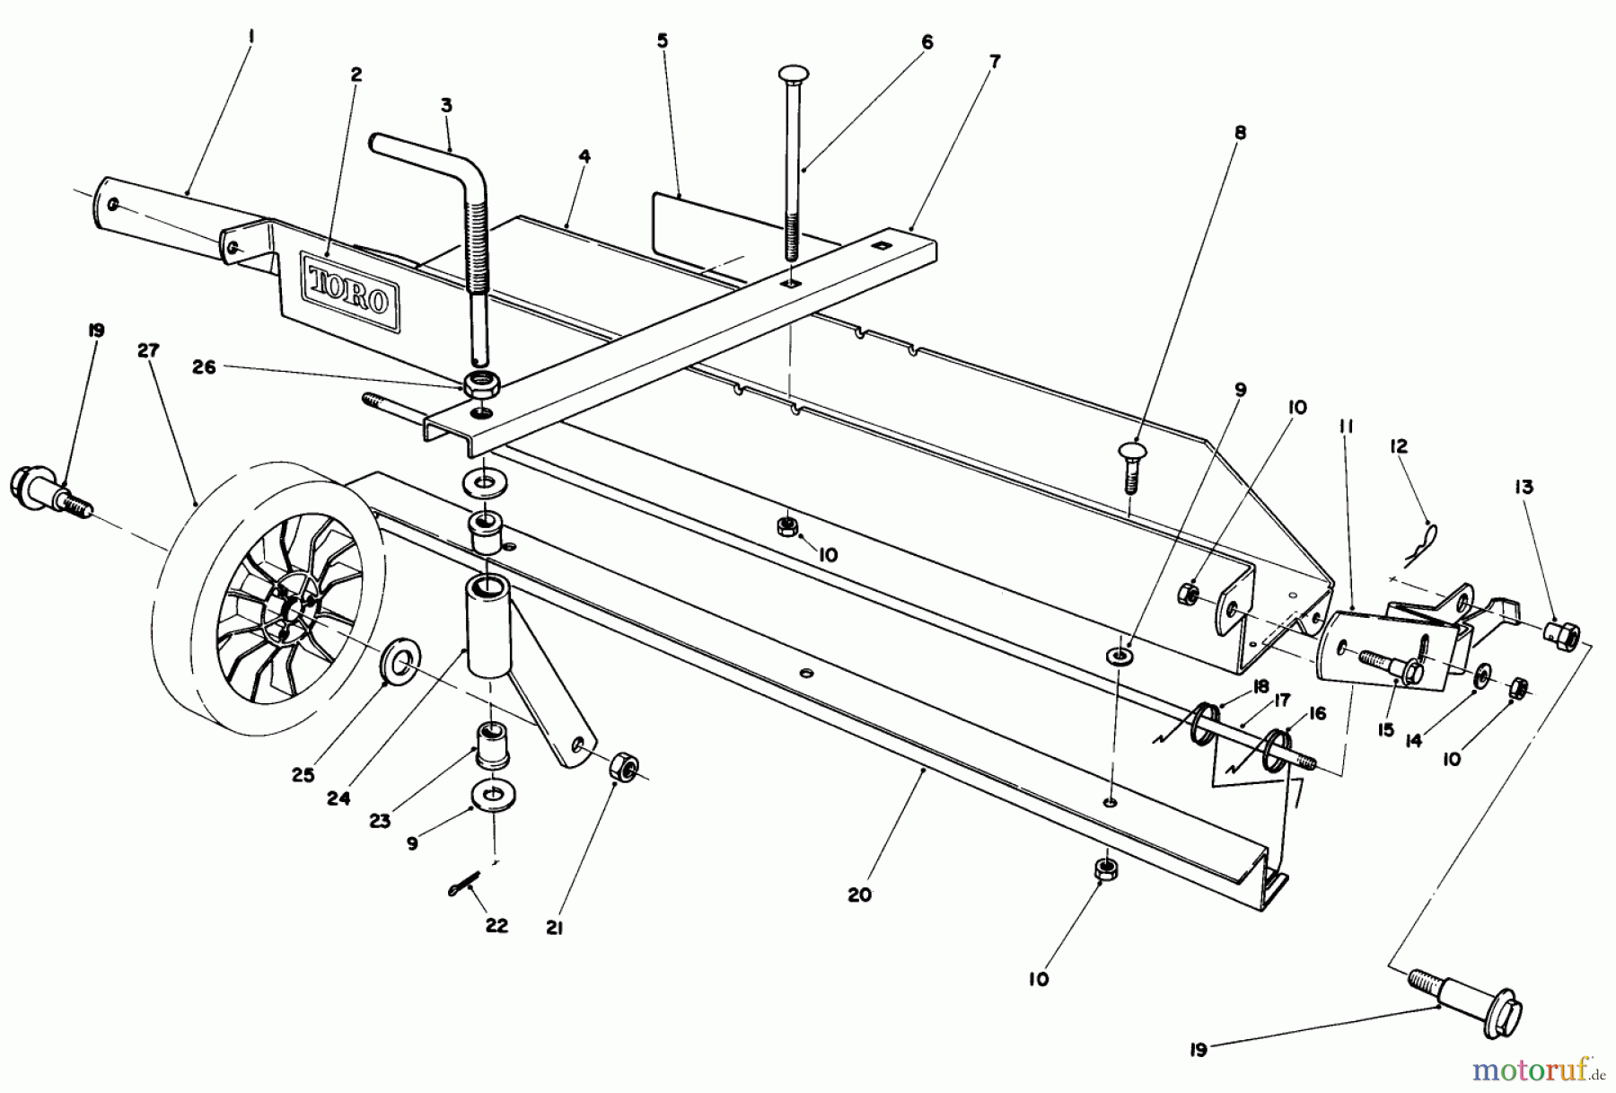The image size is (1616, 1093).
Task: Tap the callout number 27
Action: tap(148, 351)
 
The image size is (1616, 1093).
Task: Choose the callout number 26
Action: tap(205, 367)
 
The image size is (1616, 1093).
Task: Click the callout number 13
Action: tap(1524, 487)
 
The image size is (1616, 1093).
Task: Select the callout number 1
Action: tap(251, 38)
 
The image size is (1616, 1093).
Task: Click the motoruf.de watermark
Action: tap(1543, 1069)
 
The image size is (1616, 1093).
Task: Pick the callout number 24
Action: tap(338, 798)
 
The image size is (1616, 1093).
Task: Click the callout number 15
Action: tap(1385, 729)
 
